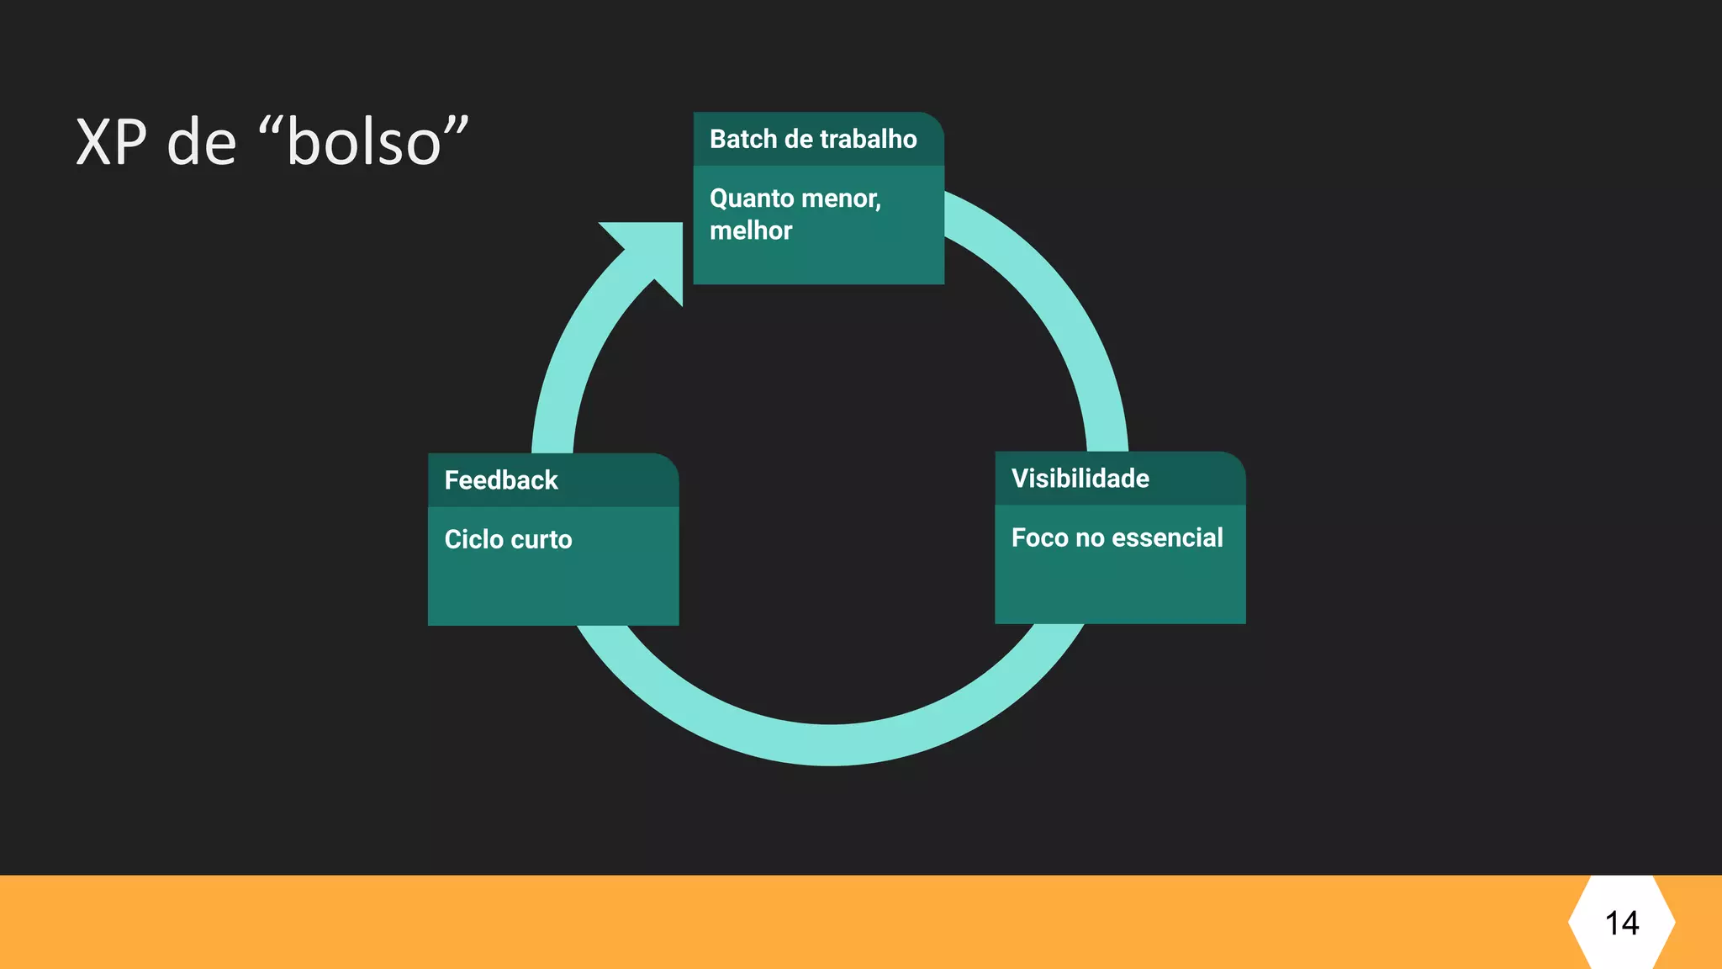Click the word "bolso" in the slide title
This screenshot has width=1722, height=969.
pyautogui.click(x=364, y=141)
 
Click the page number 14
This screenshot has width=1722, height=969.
pyautogui.click(x=1622, y=924)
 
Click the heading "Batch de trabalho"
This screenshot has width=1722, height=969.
pyautogui.click(x=813, y=139)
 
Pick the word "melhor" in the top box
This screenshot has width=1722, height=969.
pyautogui.click(x=751, y=230)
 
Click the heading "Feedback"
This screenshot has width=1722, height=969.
pyautogui.click(x=501, y=480)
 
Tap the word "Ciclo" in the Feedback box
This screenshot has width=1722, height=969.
pyautogui.click(x=473, y=539)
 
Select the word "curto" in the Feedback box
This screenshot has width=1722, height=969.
pyautogui.click(x=541, y=539)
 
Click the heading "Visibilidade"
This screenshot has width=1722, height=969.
pyautogui.click(x=1080, y=479)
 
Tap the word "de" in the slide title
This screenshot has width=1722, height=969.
pyautogui.click(x=202, y=141)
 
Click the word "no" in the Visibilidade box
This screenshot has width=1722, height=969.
pyautogui.click(x=1090, y=537)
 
